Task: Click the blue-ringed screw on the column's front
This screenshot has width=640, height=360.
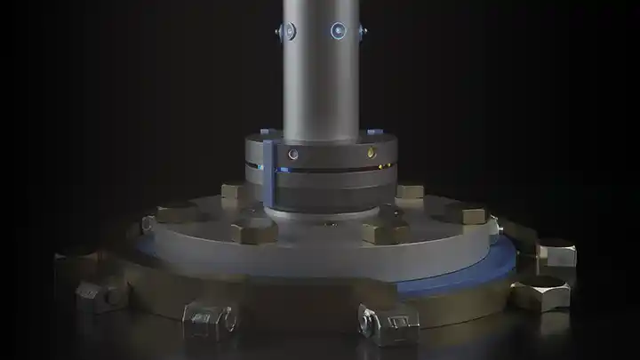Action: coord(338,31)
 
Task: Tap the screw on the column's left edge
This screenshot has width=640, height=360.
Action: coord(286,32)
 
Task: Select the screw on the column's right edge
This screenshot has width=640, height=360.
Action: coord(362,32)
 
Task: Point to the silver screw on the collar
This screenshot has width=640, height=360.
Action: coord(293,153)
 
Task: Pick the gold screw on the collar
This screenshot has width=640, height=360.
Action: coord(371,153)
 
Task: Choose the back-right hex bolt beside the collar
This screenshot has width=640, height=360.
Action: coord(410,190)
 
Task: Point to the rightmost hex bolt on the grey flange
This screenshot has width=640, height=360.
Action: coord(466,213)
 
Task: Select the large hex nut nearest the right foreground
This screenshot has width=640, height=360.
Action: coord(540,292)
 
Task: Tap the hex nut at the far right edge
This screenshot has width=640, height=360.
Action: coord(556,252)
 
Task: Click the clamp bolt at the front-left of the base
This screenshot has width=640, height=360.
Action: coord(209,315)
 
